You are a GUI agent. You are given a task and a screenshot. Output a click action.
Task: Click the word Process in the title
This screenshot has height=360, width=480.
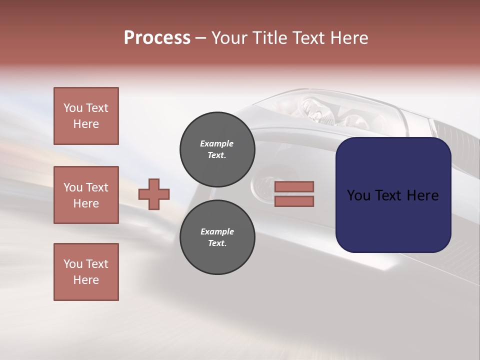point(157,38)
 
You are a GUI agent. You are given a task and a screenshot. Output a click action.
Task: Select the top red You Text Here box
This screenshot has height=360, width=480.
point(86,116)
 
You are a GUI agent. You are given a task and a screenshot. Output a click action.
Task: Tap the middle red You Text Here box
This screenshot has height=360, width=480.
point(86,195)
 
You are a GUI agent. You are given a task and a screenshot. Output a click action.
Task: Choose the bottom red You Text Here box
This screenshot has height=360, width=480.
point(86,272)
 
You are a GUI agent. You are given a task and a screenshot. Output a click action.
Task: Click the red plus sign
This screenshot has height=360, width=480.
point(154,194)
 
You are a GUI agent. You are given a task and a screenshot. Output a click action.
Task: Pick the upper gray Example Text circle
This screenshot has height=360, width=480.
point(217,149)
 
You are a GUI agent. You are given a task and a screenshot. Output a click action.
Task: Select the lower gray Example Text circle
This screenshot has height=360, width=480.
point(217,237)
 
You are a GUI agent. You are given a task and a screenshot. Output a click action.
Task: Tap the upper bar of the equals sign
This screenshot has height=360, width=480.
point(294,186)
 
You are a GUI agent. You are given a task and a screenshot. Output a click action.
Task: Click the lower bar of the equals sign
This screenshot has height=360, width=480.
point(294,201)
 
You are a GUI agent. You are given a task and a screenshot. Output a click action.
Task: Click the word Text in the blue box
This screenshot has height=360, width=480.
point(392,195)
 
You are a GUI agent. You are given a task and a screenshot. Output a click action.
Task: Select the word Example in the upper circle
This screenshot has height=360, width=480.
point(217,143)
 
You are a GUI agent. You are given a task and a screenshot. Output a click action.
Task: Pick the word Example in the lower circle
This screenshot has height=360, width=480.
point(217,231)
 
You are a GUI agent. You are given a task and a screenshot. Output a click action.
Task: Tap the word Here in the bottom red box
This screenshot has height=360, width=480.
point(86,280)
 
